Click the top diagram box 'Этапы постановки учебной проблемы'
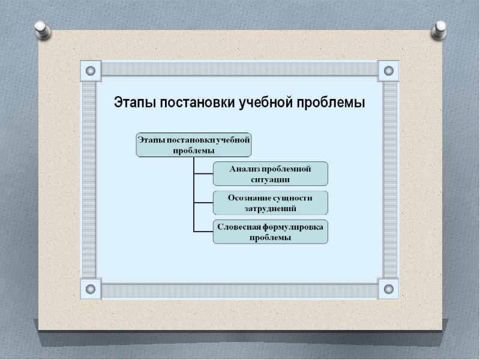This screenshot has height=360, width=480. coord(194,145)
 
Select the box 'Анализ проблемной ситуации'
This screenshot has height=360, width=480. coord(271,174)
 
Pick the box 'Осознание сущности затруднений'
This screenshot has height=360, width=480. coord(271,203)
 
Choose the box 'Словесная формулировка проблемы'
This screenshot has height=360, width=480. coord(271,232)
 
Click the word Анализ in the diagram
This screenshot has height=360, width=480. coord(244,169)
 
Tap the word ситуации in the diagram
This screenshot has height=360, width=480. coord(271,179)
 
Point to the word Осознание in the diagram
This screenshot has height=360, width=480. coord(249,198)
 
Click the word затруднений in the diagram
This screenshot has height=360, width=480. coord(271,209)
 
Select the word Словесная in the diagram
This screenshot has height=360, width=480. coord(239,227)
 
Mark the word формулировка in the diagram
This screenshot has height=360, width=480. coord(293,227)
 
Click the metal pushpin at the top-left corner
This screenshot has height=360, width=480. coord(43,30)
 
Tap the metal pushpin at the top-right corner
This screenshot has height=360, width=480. coord(439,30)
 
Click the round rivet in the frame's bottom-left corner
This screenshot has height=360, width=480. coord(91,289)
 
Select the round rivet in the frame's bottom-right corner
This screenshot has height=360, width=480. coord(389,289)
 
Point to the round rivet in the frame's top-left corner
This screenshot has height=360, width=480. coord(91,71)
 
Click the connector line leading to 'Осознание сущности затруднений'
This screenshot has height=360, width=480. coord(203,203)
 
